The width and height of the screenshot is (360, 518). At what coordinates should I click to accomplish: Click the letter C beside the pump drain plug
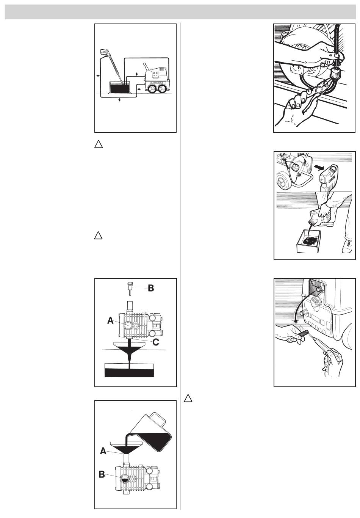(x=155, y=342)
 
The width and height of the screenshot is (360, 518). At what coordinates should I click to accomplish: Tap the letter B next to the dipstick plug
(x=151, y=288)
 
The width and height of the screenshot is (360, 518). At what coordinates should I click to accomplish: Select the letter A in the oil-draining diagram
(x=110, y=320)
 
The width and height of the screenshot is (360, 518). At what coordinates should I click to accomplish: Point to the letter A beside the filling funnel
(x=103, y=451)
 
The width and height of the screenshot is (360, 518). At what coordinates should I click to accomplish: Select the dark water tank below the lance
(x=120, y=88)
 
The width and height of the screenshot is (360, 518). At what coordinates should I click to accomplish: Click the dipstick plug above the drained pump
(x=130, y=288)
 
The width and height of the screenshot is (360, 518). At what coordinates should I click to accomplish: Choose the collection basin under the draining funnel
(x=129, y=370)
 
